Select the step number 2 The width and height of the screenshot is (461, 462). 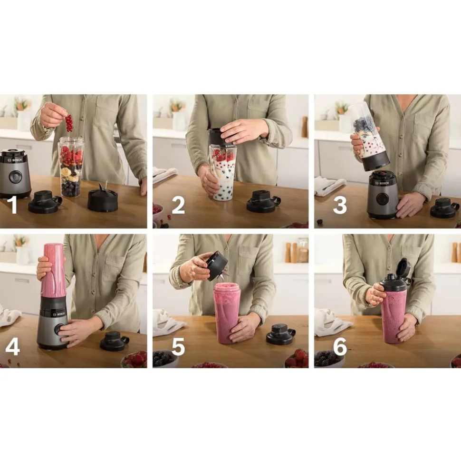178,206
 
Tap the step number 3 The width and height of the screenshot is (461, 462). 340,206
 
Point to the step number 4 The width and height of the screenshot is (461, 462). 13,346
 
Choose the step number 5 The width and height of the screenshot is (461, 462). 178,346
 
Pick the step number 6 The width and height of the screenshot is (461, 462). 340,346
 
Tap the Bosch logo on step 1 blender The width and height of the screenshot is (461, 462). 17,160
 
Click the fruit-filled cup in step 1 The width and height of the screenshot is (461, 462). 72,167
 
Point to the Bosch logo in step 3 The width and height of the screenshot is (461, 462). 384,183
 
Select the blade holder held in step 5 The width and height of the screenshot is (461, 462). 219,266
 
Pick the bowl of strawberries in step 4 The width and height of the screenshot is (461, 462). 134,359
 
